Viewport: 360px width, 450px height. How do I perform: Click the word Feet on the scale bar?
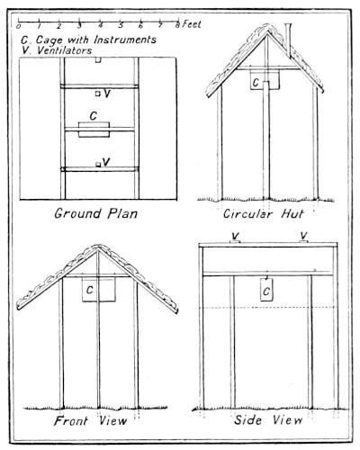coord(192,24)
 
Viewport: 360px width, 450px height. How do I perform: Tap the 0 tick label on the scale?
coord(19,26)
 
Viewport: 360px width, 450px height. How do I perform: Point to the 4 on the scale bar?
coord(101,25)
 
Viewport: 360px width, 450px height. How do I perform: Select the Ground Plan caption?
coord(96,213)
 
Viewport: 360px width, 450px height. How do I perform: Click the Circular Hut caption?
coord(264,214)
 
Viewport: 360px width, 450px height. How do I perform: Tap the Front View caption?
coord(90,420)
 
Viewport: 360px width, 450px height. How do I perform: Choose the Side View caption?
coord(268,419)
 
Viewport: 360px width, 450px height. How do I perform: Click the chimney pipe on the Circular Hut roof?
coord(288,40)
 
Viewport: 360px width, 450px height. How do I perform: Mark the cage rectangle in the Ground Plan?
coord(94,130)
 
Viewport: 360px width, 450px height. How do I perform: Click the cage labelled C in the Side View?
coord(266,290)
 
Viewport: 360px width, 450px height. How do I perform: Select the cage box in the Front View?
coord(99,289)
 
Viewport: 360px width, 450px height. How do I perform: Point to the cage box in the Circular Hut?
coord(265,79)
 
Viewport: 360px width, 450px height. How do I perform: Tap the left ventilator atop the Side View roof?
coord(234,241)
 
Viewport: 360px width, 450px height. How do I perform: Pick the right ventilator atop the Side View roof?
coord(303,241)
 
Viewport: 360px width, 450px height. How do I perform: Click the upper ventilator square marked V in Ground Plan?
coord(97,94)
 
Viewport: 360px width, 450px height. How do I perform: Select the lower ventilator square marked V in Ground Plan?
coord(98,165)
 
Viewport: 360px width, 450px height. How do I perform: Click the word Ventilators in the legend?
coord(64,50)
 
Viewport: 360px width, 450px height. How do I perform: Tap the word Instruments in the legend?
coord(125,40)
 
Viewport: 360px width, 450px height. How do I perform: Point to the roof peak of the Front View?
coord(97,247)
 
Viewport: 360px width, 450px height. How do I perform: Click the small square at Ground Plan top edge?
coord(98,59)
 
